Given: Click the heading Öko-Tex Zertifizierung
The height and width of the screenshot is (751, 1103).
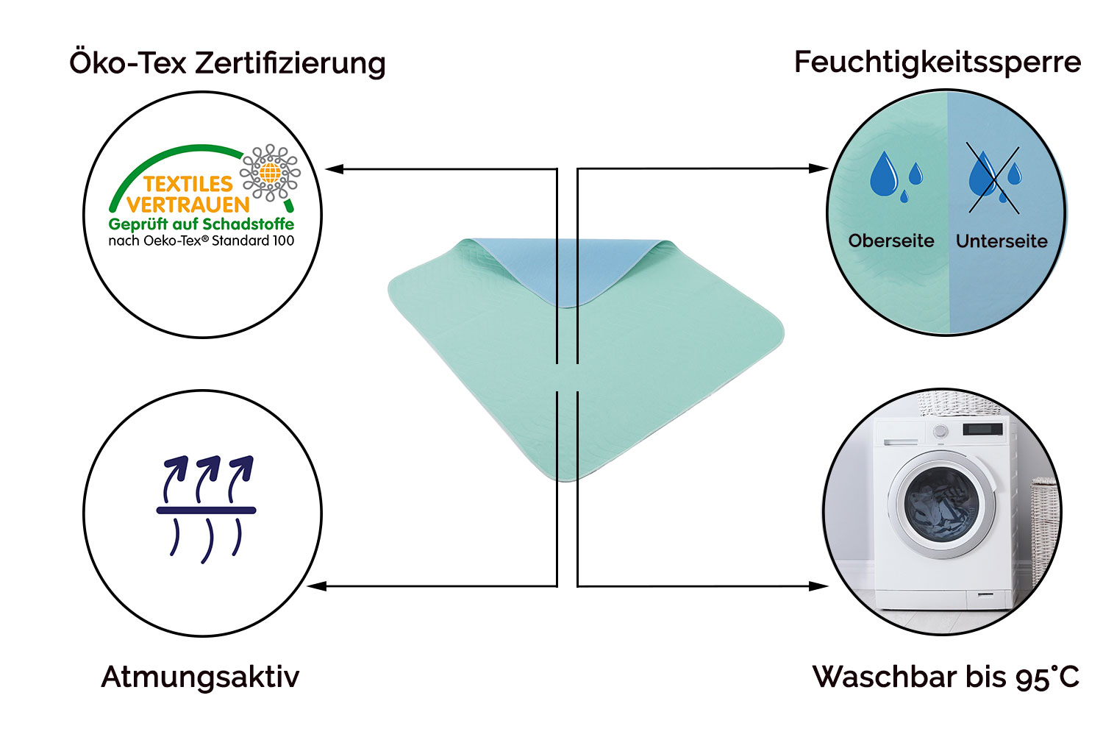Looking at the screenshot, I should point(227,63).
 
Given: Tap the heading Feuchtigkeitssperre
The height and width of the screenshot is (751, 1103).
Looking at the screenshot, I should point(937,62).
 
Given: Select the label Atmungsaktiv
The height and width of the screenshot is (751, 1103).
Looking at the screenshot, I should point(200,677).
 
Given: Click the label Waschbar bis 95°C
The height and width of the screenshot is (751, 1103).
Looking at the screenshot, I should point(946,677).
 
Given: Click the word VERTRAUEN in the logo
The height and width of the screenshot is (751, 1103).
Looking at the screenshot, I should point(188,204).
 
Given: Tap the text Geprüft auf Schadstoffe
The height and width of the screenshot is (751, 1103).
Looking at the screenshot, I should point(201,224).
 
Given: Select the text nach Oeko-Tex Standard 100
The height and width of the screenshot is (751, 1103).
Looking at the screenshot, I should point(201,241).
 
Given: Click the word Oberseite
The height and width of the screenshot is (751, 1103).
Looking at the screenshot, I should point(891,241).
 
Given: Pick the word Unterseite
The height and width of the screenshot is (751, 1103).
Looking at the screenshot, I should point(1002,241).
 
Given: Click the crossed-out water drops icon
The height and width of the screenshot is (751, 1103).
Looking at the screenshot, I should point(993,179).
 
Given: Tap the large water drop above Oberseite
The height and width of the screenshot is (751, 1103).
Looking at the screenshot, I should point(884,175).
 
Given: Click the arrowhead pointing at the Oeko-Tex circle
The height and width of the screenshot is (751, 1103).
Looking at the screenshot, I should point(335,169).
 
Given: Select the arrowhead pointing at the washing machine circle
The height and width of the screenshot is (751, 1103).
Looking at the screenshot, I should point(818,586).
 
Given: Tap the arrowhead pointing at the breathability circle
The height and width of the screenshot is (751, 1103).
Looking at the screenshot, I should point(317,586).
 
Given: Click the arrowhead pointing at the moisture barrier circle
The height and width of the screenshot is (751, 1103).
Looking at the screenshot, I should point(818,168).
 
